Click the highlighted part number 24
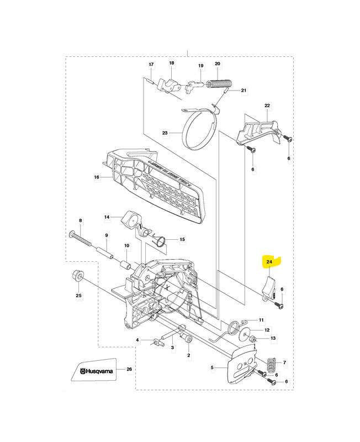tap(269, 262)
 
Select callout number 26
tap(129, 369)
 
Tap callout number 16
tap(96, 177)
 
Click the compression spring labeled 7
tap(271, 365)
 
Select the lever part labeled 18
tap(169, 85)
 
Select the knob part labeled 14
tap(133, 219)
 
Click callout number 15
tap(166, 239)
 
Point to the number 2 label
tap(189, 355)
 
